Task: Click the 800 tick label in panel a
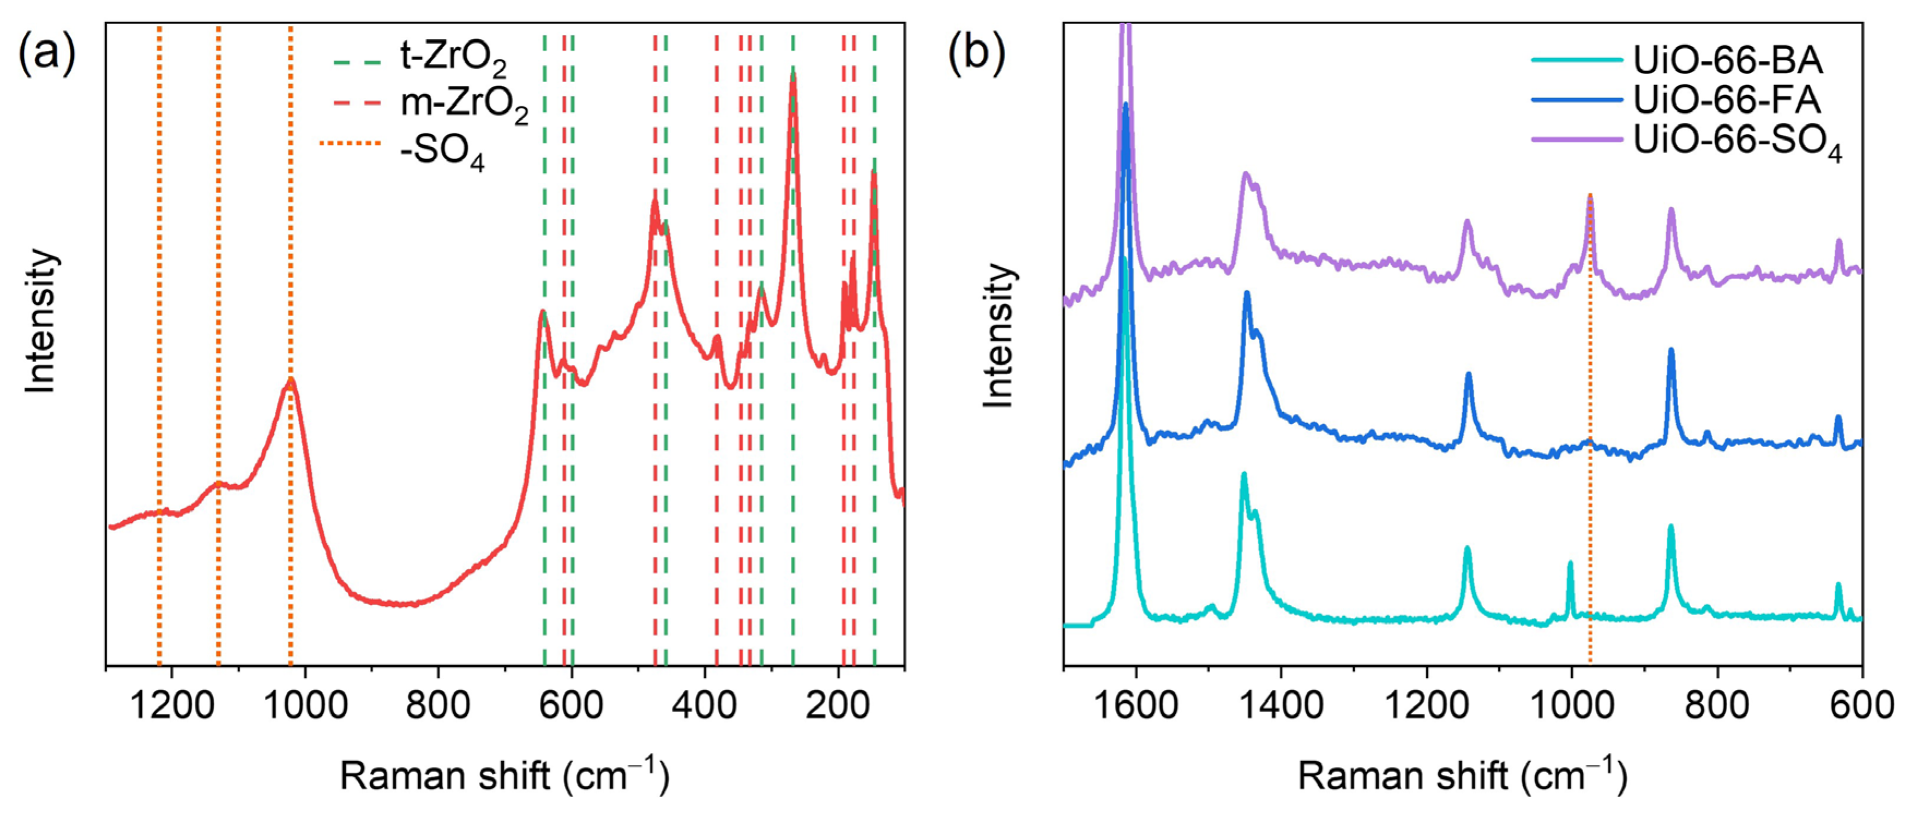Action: pyautogui.click(x=438, y=705)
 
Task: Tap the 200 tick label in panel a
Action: pyautogui.click(x=838, y=705)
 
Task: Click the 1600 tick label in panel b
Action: pyautogui.click(x=1136, y=705)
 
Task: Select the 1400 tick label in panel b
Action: pyautogui.click(x=1281, y=705)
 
